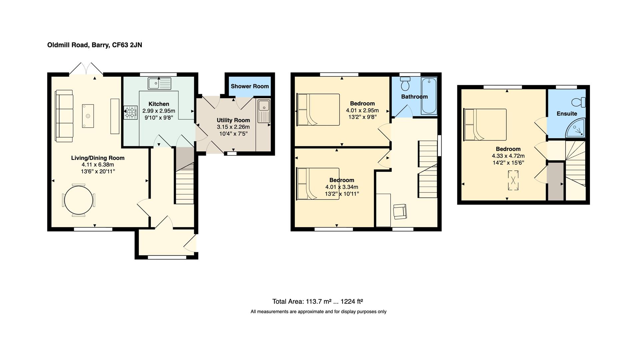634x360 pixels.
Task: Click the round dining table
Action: point(79,200)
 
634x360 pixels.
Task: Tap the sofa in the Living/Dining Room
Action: point(64,116)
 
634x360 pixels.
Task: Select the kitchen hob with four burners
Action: point(131,112)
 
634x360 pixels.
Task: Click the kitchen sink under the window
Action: point(160,83)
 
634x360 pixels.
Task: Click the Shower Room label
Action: point(249,86)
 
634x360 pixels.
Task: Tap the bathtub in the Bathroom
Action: point(429,96)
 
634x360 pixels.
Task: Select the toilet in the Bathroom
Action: point(405,84)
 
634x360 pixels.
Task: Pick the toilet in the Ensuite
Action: point(579,102)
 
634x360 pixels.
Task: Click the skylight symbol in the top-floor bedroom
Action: point(513,180)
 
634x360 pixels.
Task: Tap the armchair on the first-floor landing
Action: point(400,211)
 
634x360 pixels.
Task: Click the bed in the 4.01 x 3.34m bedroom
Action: point(318,184)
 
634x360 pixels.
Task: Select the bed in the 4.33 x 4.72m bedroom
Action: point(485,124)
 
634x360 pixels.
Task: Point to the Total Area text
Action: point(317,302)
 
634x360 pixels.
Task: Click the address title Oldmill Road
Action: point(94,45)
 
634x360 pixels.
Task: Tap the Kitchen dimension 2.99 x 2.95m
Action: point(159,111)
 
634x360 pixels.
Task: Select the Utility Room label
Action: point(233,120)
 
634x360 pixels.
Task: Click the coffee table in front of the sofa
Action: point(88,116)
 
